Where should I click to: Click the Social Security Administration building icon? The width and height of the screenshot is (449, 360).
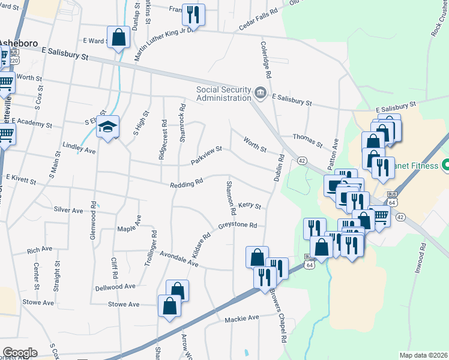point(261,92)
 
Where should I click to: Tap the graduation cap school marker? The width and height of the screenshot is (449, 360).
point(108,127)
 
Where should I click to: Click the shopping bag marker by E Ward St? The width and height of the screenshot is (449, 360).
point(119,37)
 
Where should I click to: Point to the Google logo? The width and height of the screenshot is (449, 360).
point(19,353)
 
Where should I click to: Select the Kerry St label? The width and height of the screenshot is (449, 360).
point(249,206)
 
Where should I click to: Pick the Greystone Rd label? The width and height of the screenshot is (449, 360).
point(238,226)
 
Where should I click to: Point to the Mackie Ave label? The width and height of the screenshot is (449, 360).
point(241,317)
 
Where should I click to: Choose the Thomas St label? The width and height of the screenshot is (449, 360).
point(308,140)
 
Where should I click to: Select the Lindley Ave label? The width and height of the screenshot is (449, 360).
point(79,148)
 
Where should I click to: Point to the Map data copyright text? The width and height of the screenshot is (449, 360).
point(423,355)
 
